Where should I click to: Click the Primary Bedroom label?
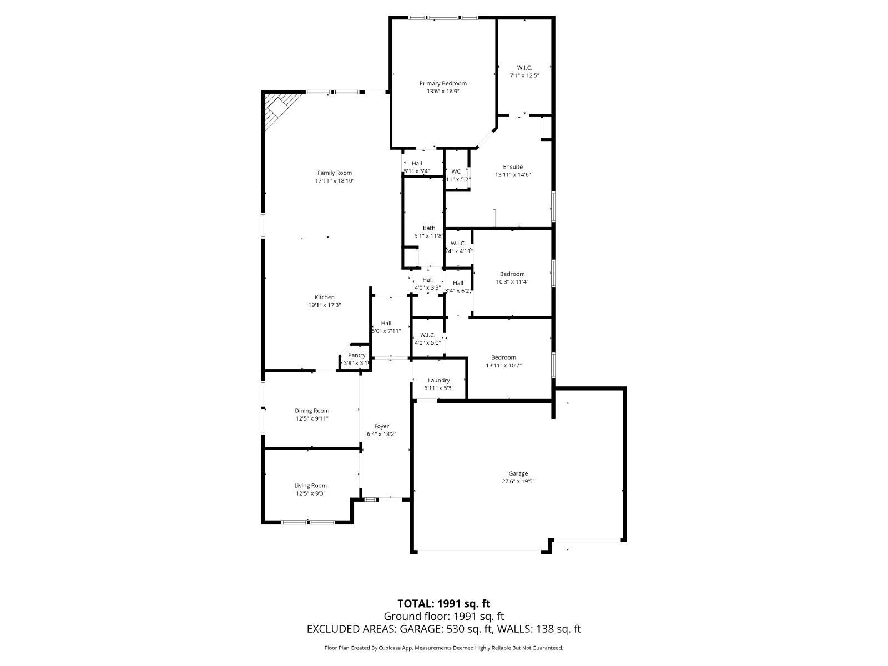[442, 83]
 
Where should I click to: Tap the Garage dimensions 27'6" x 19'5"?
[518, 482]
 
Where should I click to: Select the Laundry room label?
[438, 380]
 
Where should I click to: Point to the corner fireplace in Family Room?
[277, 108]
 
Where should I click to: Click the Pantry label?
[356, 355]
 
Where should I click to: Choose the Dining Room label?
[312, 411]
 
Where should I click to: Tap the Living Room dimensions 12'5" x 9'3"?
[310, 493]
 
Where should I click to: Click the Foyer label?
[381, 426]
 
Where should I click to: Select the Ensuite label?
[513, 167]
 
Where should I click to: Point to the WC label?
[456, 171]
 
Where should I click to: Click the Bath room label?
[428, 228]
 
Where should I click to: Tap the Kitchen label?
[325, 297]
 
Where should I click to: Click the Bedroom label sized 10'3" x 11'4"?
[512, 274]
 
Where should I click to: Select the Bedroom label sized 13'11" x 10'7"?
[503, 357]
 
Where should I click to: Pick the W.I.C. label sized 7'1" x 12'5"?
[524, 68]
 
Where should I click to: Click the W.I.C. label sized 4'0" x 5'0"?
[427, 335]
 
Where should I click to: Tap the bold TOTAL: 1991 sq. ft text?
[443, 603]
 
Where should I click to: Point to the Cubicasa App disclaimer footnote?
[443, 648]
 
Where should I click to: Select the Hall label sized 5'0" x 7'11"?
[386, 323]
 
